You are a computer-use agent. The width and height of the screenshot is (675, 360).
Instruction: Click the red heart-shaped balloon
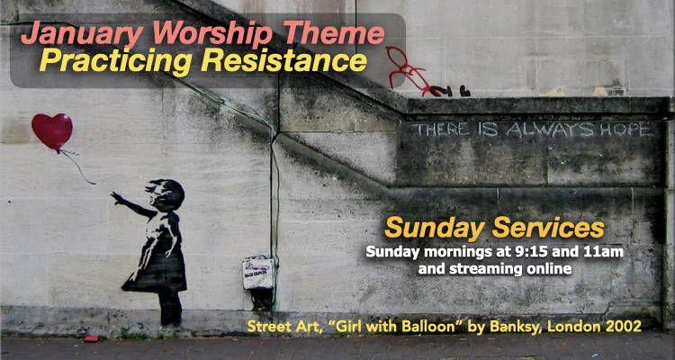point(52,131)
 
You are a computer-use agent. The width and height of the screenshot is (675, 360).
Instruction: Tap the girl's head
point(166,194)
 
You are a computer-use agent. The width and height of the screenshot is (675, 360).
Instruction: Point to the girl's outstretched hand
point(116,197)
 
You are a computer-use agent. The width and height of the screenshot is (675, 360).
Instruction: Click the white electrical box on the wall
point(258,273)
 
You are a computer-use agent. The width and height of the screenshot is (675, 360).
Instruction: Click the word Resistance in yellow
point(283,60)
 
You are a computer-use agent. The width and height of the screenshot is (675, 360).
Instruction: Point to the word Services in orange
point(548,229)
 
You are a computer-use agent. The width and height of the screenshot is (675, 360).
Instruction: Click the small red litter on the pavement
point(91,338)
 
